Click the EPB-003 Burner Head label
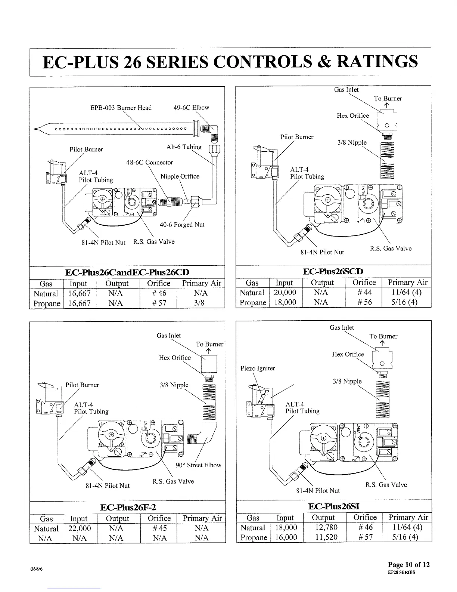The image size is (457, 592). (x=121, y=108)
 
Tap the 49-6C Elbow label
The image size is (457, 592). (x=191, y=108)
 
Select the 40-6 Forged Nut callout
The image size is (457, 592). (x=182, y=225)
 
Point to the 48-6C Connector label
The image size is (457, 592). (x=150, y=163)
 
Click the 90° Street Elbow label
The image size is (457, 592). (x=198, y=465)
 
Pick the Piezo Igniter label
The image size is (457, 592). (x=258, y=369)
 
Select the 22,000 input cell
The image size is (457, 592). (x=80, y=528)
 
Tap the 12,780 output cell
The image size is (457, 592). (x=324, y=527)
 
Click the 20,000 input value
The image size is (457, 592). (x=285, y=292)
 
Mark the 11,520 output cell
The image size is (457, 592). (x=324, y=537)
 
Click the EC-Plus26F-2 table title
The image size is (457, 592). (x=128, y=507)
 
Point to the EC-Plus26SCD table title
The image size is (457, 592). (x=333, y=271)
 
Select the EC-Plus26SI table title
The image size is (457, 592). (x=334, y=506)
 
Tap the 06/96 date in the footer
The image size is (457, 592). (x=37, y=569)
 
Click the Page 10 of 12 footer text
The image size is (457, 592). (x=409, y=564)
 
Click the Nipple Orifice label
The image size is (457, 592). (x=180, y=176)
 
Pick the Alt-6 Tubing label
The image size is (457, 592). (x=184, y=147)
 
